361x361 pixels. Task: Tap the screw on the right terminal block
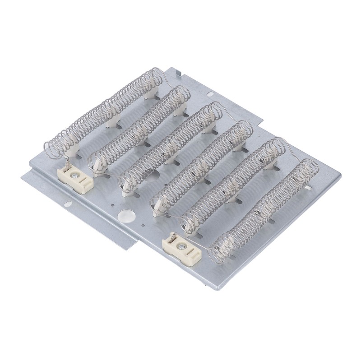pyautogui.click(x=181, y=246)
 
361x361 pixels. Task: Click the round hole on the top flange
pyautogui.click(x=211, y=94)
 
